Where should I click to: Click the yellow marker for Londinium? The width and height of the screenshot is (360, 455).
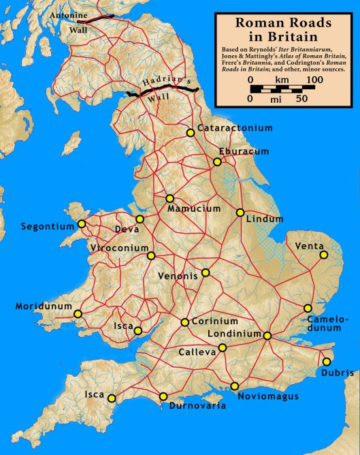[267, 336]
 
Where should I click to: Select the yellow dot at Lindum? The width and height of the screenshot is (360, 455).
[240, 213]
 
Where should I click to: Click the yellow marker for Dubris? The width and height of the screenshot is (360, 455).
[327, 362]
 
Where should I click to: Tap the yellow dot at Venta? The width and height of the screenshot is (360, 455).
[324, 255]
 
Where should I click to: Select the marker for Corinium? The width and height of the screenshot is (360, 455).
[184, 322]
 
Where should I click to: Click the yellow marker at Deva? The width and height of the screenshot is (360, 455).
[140, 219]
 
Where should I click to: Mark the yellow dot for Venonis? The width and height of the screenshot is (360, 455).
[206, 273]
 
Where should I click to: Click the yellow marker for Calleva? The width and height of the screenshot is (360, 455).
[222, 347]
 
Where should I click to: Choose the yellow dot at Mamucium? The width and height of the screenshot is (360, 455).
[169, 198]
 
